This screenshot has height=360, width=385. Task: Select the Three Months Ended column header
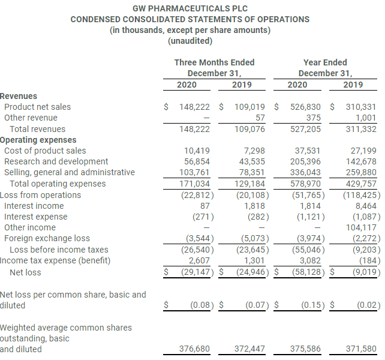pos(214,62)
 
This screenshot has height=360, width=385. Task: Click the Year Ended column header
pos(325,62)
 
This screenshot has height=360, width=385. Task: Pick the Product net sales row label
pos(37,107)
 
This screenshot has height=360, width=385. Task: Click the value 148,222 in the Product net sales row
pos(194,107)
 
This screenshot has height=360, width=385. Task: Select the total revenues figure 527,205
pos(305,129)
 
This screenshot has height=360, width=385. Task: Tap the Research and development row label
pos(56,161)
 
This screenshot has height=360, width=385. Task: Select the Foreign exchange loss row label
pos(47,238)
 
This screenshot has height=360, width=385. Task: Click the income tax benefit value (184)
pos(367,260)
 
